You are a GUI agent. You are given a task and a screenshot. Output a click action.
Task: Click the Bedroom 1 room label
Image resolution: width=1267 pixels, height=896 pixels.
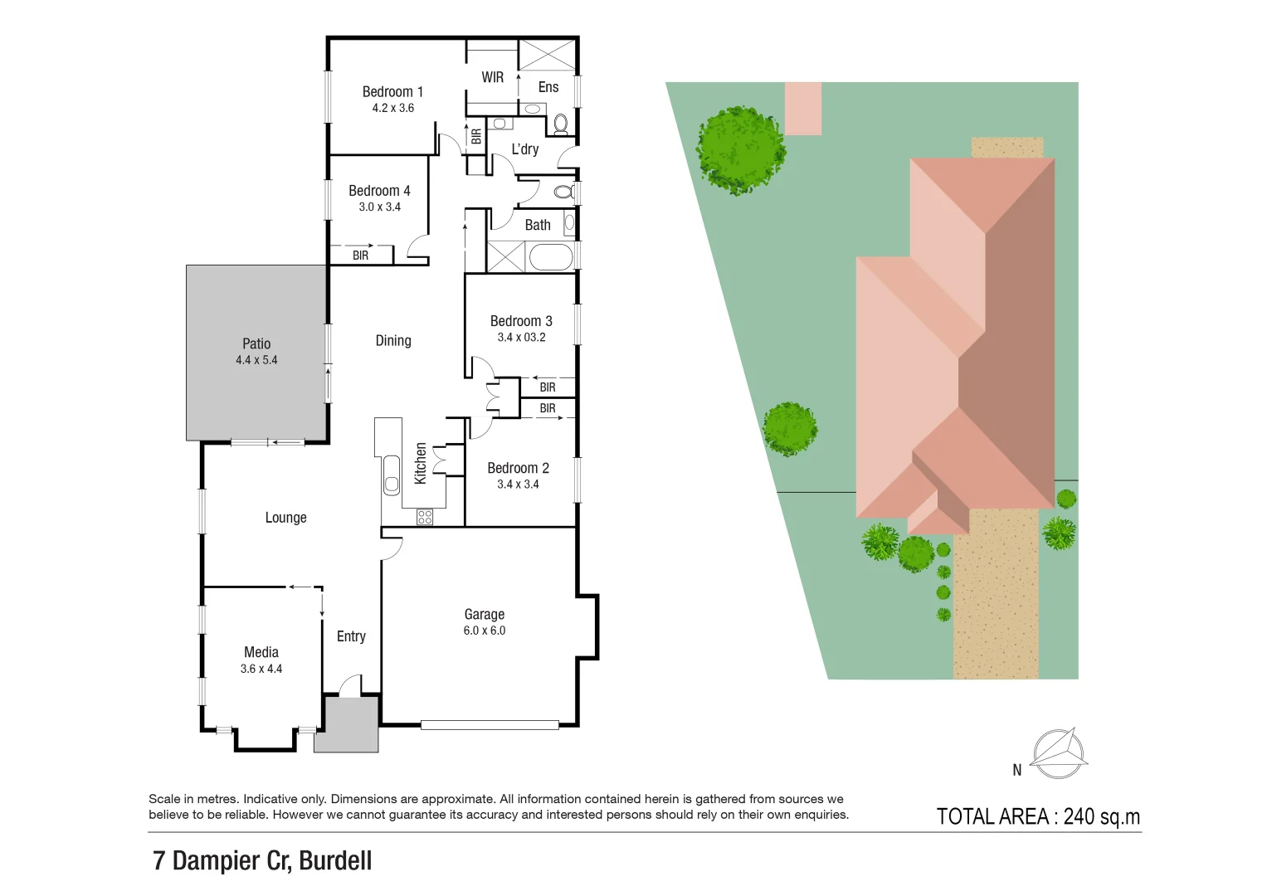(x=392, y=92)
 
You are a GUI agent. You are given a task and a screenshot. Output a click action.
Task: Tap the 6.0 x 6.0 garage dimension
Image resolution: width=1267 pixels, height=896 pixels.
(x=485, y=631)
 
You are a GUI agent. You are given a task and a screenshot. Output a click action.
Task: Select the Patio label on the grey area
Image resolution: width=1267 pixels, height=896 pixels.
(x=256, y=343)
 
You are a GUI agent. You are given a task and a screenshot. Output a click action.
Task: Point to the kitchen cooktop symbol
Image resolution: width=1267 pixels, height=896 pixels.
(x=425, y=517)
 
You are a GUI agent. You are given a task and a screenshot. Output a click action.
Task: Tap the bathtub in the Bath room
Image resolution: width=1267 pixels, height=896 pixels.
(x=550, y=257)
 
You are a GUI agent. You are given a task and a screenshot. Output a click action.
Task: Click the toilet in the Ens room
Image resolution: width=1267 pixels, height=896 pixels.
(x=561, y=124)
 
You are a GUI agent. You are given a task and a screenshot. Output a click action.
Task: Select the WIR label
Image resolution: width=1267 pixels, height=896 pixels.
(x=492, y=77)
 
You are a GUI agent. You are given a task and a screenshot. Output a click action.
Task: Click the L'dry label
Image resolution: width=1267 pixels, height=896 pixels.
(x=524, y=149)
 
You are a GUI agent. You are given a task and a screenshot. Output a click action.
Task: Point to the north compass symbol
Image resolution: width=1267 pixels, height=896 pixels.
(x=1058, y=753)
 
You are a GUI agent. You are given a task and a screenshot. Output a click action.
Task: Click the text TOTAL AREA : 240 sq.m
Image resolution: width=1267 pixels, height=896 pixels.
(x=1038, y=816)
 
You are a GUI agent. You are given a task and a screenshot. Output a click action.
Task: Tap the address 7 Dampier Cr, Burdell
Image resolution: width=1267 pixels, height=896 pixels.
(x=262, y=860)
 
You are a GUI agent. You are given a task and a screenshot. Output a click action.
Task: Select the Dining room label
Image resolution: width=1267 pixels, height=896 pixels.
(x=393, y=341)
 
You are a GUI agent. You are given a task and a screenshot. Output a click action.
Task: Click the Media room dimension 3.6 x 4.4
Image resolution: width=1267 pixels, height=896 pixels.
(x=261, y=669)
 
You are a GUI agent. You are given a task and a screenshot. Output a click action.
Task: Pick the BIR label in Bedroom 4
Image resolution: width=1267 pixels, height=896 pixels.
(x=360, y=256)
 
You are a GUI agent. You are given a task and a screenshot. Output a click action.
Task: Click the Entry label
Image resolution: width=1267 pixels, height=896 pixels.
(x=351, y=636)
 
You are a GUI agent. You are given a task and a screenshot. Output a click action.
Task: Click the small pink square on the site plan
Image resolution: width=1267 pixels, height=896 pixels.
(x=803, y=108)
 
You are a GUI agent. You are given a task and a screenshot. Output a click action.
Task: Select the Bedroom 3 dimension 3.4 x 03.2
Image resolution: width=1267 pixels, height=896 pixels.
(x=521, y=337)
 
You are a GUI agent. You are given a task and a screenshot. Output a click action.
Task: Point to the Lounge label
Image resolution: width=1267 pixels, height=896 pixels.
(x=285, y=518)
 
